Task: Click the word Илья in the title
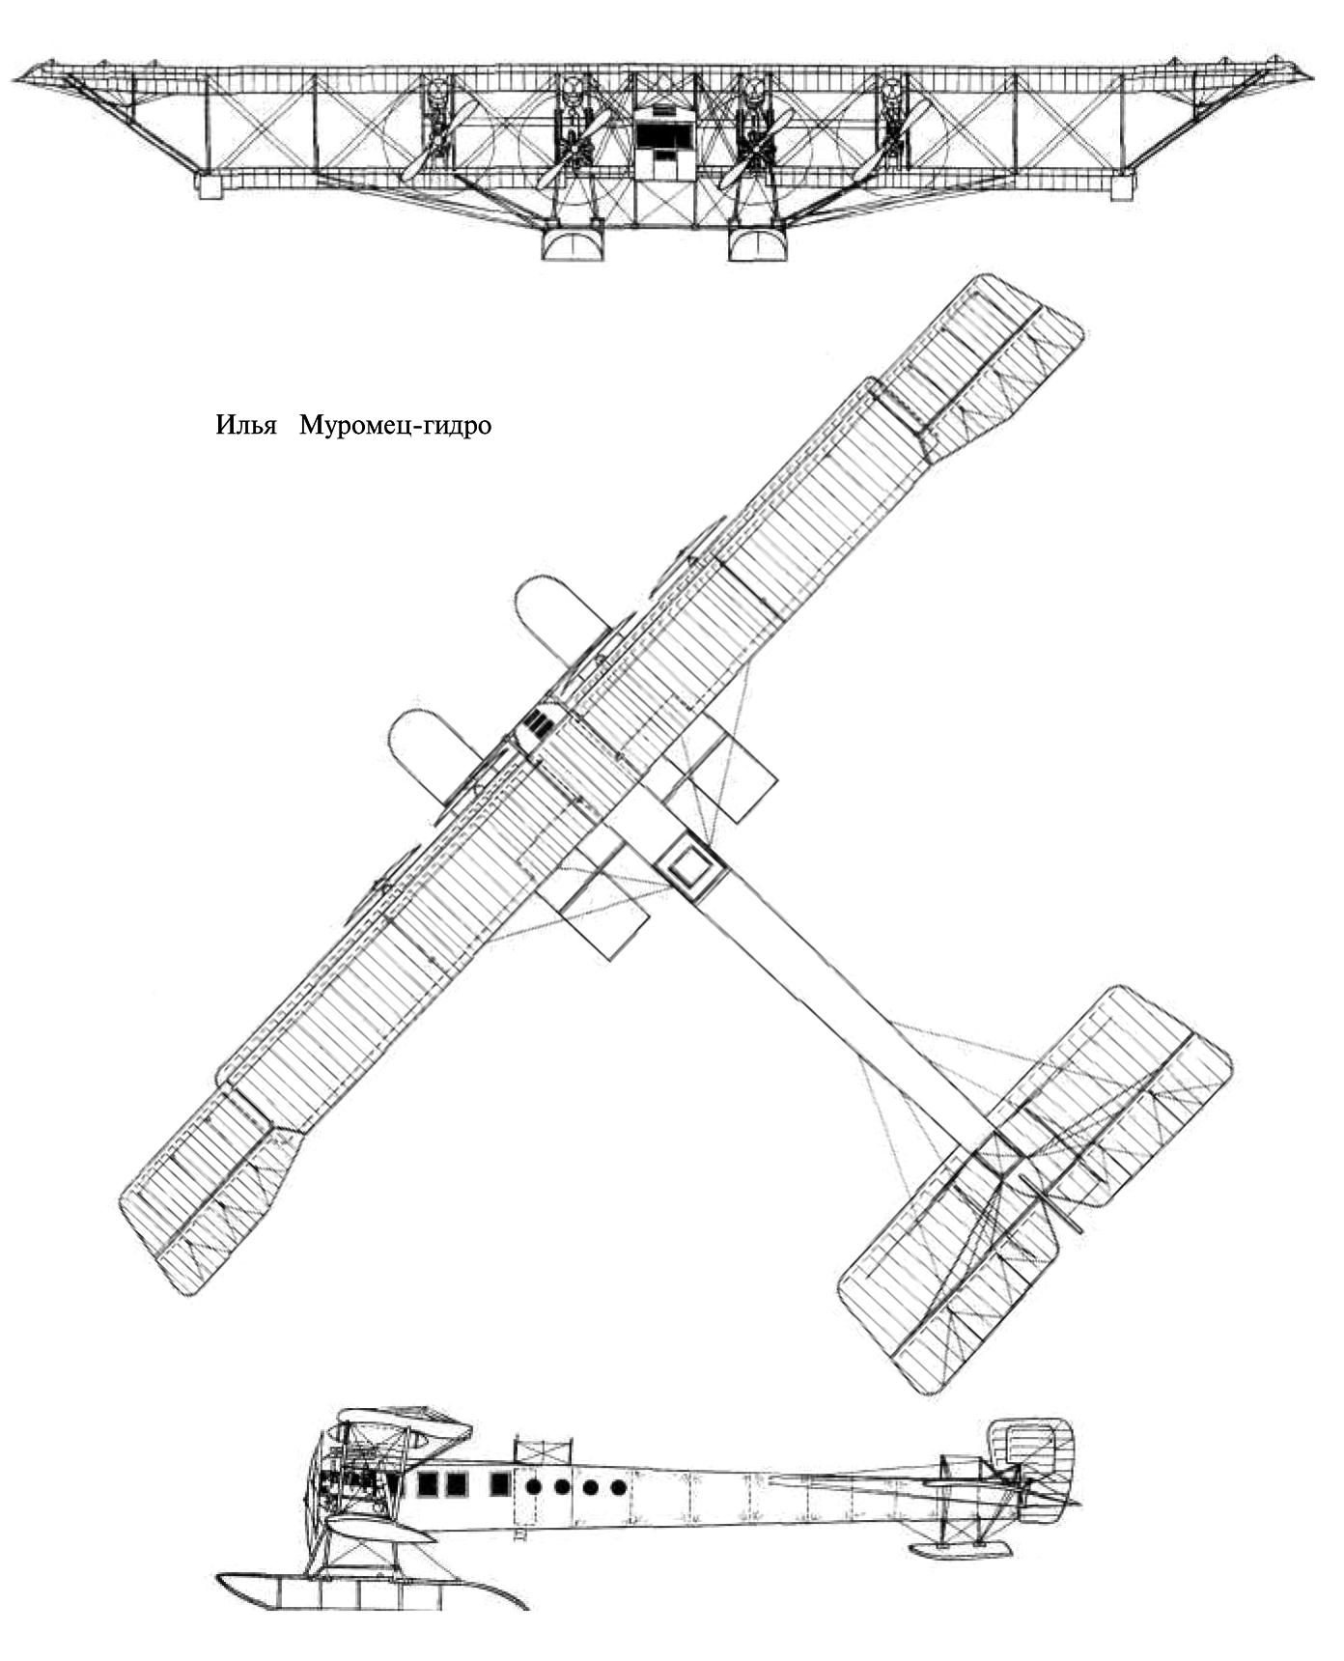(246, 426)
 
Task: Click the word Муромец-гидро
(395, 426)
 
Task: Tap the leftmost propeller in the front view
(439, 141)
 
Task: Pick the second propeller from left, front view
(574, 147)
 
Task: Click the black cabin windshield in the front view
(665, 134)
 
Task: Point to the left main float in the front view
(573, 242)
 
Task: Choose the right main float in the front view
(759, 242)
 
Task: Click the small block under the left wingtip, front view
(210, 185)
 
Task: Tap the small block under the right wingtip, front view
(1123, 185)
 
